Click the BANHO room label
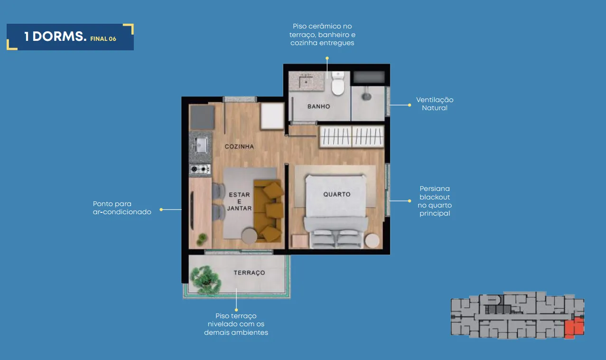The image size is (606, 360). point(319,106)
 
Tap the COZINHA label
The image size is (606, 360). point(240,146)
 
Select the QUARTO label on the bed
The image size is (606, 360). point(337,194)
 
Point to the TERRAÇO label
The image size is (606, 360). point(249,273)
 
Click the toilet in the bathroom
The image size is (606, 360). point(338,83)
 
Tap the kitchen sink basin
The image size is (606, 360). point(201,145)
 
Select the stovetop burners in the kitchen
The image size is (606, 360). point(200,169)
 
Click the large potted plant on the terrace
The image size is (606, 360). point(205,280)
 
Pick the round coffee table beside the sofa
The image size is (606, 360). point(250,236)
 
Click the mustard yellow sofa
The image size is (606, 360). point(269,210)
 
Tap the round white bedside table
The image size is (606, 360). point(372,240)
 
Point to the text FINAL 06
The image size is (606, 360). point(103,39)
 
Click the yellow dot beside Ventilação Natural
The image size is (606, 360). point(410,105)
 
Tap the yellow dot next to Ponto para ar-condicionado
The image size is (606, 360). point(161,209)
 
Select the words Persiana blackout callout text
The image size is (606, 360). point(435,193)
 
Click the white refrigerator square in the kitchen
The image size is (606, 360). point(272,116)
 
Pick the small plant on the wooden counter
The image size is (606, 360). point(202,239)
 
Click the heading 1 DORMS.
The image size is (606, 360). point(55,37)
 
